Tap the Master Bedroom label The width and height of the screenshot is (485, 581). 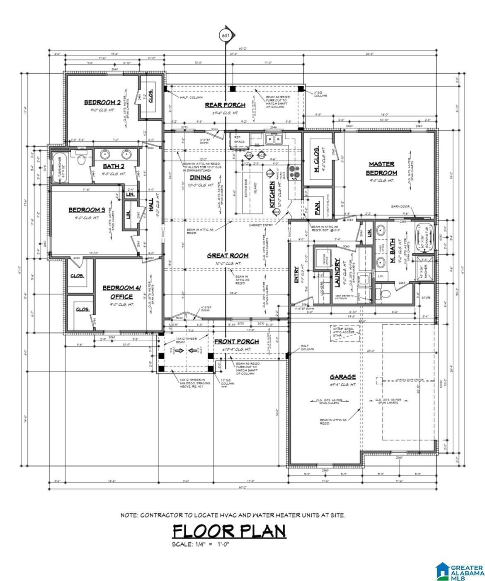click(381, 168)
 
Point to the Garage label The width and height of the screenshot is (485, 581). click(342, 377)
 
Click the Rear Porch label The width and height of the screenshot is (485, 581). click(225, 105)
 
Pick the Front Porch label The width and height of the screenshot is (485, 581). click(236, 341)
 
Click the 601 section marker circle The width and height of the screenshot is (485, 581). click(226, 36)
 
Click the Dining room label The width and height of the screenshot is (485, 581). click(200, 177)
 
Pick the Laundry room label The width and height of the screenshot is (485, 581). click(337, 272)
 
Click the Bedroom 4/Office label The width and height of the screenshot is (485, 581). click(118, 292)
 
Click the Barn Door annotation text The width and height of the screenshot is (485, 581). click(400, 206)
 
